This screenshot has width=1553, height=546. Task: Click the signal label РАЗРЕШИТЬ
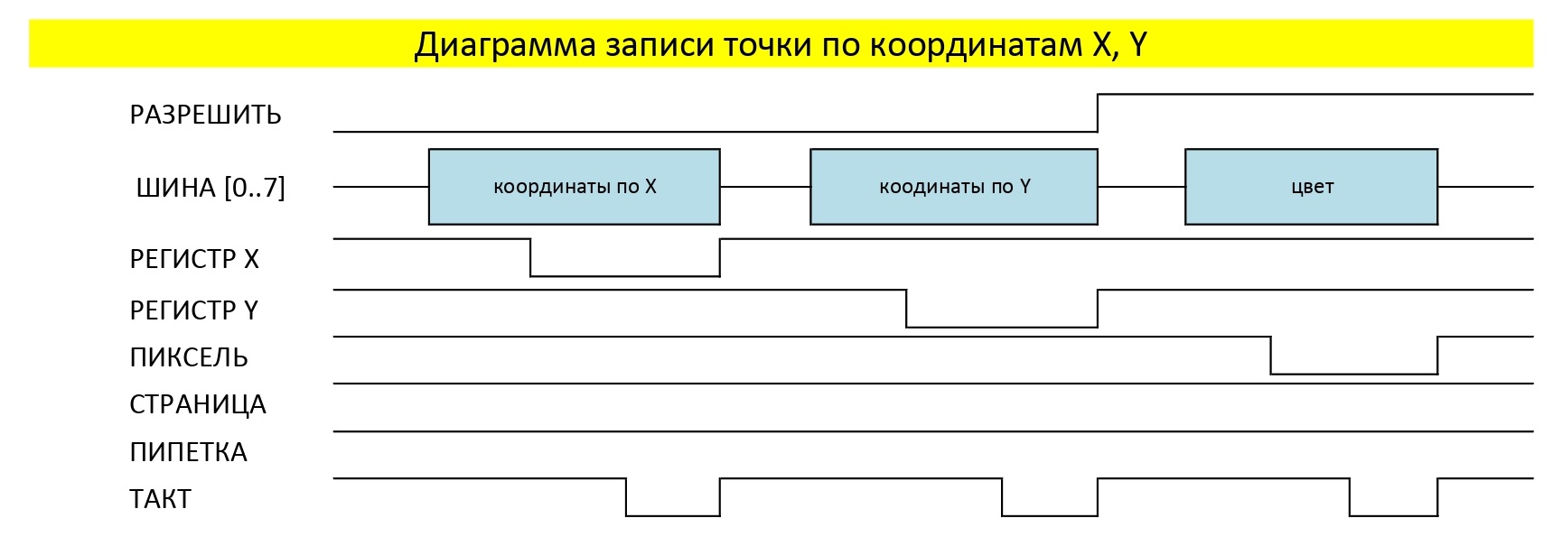pyautogui.click(x=205, y=116)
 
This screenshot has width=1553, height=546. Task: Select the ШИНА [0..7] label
pyautogui.click(x=210, y=188)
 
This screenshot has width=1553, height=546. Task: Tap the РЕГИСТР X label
pyautogui.click(x=194, y=260)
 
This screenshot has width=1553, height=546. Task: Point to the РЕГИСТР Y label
pyautogui.click(x=193, y=310)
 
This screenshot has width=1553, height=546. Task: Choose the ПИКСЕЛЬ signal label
pyautogui.click(x=188, y=357)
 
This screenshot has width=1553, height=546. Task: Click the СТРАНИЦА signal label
pyautogui.click(x=197, y=404)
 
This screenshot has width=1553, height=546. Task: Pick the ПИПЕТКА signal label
pyautogui.click(x=188, y=452)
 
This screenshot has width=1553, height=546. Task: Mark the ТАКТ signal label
pyautogui.click(x=160, y=499)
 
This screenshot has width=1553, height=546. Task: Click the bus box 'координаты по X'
pyautogui.click(x=574, y=187)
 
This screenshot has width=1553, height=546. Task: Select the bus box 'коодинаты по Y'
pyautogui.click(x=953, y=187)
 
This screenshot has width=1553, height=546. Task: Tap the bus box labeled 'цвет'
pyautogui.click(x=1311, y=187)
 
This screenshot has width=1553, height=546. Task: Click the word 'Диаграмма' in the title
pyautogui.click(x=505, y=45)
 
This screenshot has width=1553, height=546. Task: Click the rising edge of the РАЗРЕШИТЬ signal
pyautogui.click(x=1098, y=113)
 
